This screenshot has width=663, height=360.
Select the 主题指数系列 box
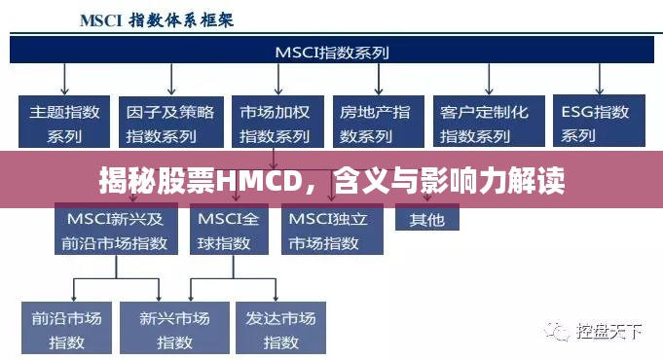(x=62, y=122)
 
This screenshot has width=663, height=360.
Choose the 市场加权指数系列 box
(x=276, y=122)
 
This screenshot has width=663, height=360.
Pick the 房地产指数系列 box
(x=375, y=122)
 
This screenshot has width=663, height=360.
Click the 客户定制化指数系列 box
(x=484, y=122)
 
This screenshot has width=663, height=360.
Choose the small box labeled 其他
(x=426, y=219)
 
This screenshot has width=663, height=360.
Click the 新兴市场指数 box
(x=174, y=329)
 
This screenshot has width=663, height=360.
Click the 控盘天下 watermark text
(x=608, y=333)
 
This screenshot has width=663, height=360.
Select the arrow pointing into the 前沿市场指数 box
(x=74, y=289)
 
